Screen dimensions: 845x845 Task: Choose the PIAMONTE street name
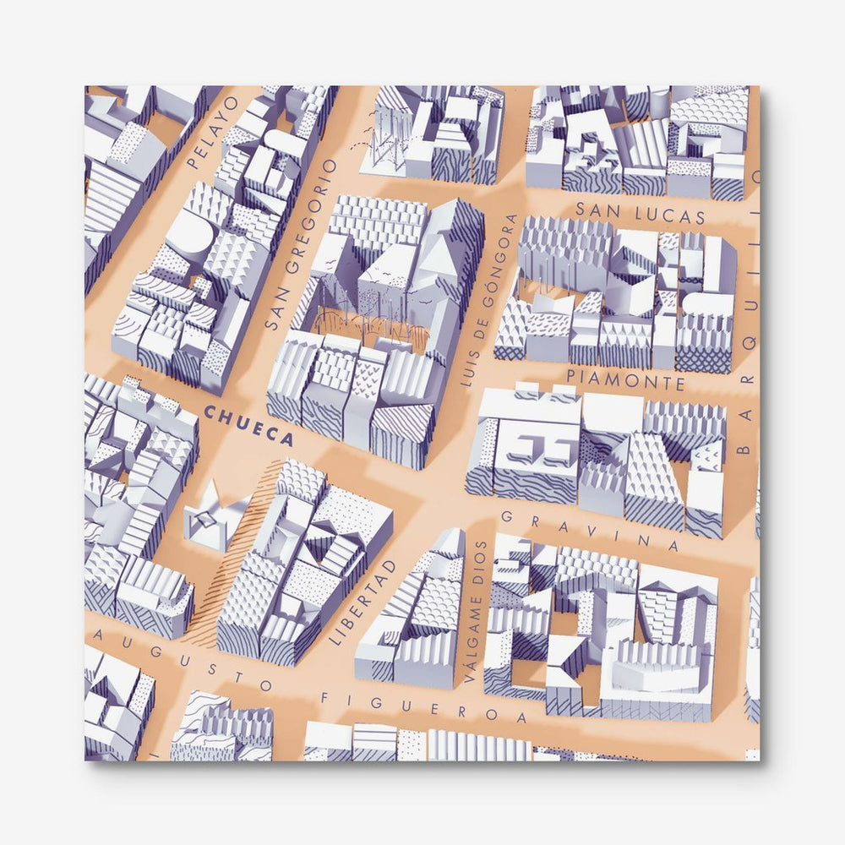coord(626,378)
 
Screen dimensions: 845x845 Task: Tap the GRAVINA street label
coord(590,530)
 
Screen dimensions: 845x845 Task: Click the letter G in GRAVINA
coord(508,515)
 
